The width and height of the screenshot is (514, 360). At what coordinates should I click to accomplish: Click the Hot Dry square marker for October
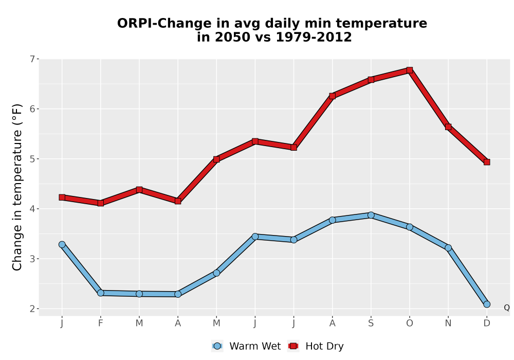(410, 70)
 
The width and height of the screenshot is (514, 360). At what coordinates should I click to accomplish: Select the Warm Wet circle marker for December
(487, 304)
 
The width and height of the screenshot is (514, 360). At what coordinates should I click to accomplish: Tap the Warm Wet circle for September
(371, 215)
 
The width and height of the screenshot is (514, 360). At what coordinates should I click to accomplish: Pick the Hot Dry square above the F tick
(101, 203)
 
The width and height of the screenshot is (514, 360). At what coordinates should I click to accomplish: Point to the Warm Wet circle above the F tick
(101, 293)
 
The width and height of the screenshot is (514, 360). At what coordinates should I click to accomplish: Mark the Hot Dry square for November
(448, 127)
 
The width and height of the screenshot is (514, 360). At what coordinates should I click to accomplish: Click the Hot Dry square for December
(487, 162)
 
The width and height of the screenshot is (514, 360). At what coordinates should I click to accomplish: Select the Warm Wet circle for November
(448, 248)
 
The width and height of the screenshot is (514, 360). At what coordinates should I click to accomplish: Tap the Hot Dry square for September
(371, 80)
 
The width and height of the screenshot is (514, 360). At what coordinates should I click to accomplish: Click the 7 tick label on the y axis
(32, 59)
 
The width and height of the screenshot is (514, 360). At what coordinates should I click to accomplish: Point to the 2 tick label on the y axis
(32, 309)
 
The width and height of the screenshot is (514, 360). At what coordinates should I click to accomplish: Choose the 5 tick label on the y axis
(32, 159)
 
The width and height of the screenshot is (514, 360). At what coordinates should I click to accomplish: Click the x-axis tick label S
(371, 323)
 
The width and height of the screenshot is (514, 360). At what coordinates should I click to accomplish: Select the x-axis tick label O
(410, 323)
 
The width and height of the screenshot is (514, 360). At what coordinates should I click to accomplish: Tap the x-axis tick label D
(487, 323)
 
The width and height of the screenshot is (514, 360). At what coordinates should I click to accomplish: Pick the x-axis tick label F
(101, 323)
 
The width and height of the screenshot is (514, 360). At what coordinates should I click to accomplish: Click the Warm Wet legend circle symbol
(217, 346)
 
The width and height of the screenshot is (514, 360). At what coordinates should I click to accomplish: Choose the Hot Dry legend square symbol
(293, 346)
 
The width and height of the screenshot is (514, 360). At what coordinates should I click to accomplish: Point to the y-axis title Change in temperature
(17, 187)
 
